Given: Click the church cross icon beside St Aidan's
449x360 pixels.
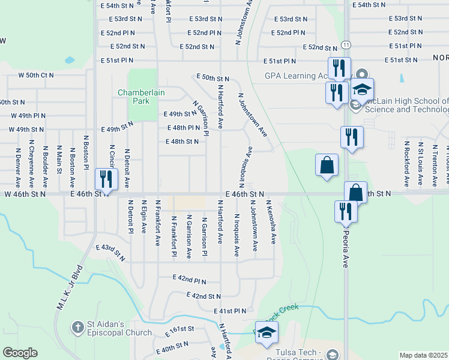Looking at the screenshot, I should pyautogui.click(x=77, y=328).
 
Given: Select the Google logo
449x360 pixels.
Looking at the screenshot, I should pyautogui.click(x=20, y=353).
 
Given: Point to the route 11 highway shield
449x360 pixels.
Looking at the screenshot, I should pyautogui.click(x=346, y=45).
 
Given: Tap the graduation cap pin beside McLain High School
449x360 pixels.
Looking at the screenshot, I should pyautogui.click(x=362, y=91).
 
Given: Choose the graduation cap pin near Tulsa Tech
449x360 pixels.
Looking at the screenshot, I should pyautogui.click(x=265, y=334).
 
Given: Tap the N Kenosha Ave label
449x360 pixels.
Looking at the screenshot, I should pyautogui.click(x=271, y=222).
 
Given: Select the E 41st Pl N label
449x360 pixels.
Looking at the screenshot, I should pyautogui.click(x=231, y=311).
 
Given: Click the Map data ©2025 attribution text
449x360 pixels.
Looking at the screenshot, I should pyautogui.click(x=423, y=355).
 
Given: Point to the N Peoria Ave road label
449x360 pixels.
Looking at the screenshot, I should pyautogui.click(x=345, y=245).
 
